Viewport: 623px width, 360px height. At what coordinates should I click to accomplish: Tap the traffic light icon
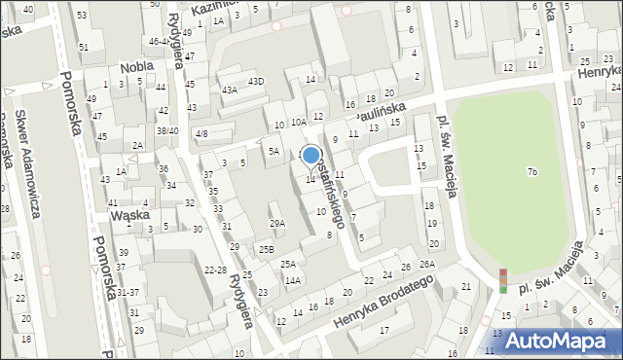pos(502,280)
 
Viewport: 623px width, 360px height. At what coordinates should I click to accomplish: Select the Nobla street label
pos(136,68)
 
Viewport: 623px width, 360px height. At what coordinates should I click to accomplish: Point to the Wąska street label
pos(128,215)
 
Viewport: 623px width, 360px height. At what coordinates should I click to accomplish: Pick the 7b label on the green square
pos(531,172)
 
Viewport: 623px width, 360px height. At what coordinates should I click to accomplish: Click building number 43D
pos(255,81)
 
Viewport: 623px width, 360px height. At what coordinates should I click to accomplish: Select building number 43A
pos(229,90)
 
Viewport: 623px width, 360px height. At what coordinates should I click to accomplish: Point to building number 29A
pos(277,224)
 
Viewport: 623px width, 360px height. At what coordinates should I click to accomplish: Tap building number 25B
pos(266,250)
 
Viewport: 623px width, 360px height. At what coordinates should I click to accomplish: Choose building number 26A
pos(426,265)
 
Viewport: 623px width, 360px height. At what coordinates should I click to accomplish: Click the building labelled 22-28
pos(215,269)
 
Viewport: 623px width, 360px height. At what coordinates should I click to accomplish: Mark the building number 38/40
pos(167,130)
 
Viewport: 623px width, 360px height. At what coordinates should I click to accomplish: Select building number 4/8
pos(201,133)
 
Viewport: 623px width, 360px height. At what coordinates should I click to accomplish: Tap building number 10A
pos(298,122)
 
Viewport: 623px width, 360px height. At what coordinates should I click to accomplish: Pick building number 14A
pos(292,280)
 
